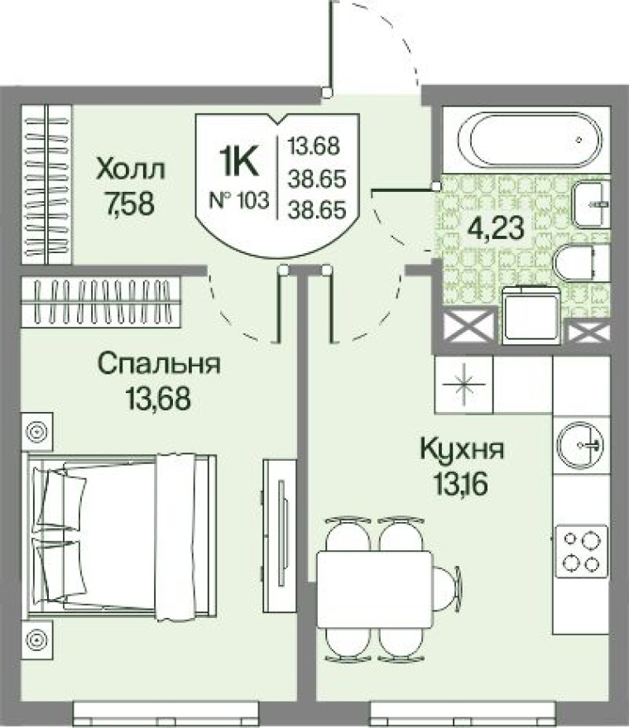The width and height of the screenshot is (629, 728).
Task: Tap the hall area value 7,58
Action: click(x=130, y=203)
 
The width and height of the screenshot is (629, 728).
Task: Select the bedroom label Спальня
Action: click(x=158, y=363)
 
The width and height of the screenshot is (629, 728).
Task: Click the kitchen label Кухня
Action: click(x=462, y=452)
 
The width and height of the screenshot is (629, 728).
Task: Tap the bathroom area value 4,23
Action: click(x=495, y=227)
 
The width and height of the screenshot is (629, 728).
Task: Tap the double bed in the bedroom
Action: click(x=124, y=536)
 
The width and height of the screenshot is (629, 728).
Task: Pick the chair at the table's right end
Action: click(x=448, y=587)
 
